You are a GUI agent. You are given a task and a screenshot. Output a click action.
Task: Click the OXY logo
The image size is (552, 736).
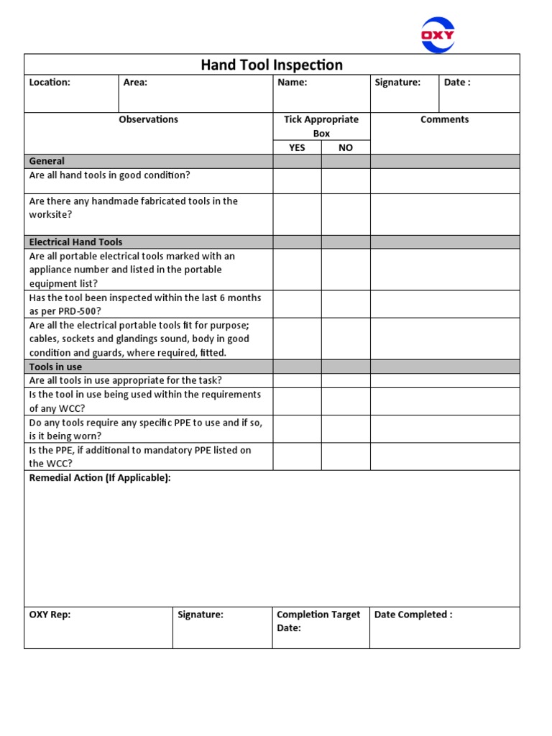pos(437,35)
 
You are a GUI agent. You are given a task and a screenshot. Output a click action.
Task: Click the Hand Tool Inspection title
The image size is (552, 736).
pos(272,65)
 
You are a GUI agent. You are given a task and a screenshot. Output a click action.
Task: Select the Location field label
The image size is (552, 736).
pos(50,83)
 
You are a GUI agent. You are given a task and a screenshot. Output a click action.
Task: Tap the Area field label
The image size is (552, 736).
pos(135,83)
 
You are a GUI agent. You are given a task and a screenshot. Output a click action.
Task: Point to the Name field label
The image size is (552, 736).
pos(292,83)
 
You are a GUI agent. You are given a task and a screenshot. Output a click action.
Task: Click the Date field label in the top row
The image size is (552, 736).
pos(457,83)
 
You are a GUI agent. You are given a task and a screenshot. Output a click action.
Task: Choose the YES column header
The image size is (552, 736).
pos(297,147)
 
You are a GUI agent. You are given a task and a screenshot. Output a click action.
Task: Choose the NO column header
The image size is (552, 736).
pos(346,147)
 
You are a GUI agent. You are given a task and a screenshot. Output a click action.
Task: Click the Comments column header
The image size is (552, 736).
pos(444,120)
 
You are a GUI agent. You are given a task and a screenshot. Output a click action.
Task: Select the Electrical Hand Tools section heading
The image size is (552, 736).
pos(75,242)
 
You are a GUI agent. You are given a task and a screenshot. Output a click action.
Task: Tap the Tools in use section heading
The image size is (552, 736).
pos(55,367)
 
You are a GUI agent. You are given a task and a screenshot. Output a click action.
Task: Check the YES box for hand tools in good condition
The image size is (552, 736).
pos(297,181)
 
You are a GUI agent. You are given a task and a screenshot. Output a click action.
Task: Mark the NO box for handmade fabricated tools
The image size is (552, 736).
pos(346,214)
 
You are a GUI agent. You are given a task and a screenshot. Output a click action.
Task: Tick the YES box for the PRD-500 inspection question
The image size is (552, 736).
pos(297,304)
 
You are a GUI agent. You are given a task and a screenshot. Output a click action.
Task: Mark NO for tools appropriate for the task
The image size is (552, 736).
pos(346,381)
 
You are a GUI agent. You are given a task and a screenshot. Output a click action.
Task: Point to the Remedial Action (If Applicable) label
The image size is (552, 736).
pos(100,478)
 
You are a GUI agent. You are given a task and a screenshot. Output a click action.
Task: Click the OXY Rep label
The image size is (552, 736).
pos(50,615)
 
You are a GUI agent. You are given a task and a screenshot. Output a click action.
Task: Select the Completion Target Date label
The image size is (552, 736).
pos(318,621)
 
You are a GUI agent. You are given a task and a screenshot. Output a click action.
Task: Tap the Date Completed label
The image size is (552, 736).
pos(413,615)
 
